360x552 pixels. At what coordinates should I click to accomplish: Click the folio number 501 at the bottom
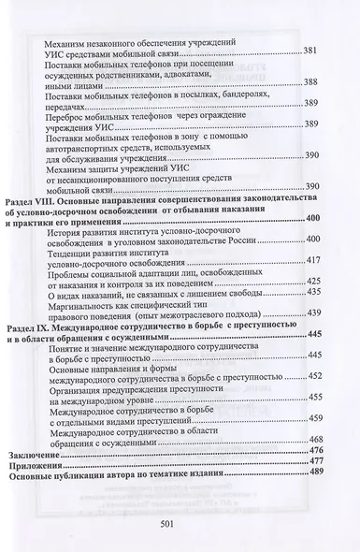point(180,524)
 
